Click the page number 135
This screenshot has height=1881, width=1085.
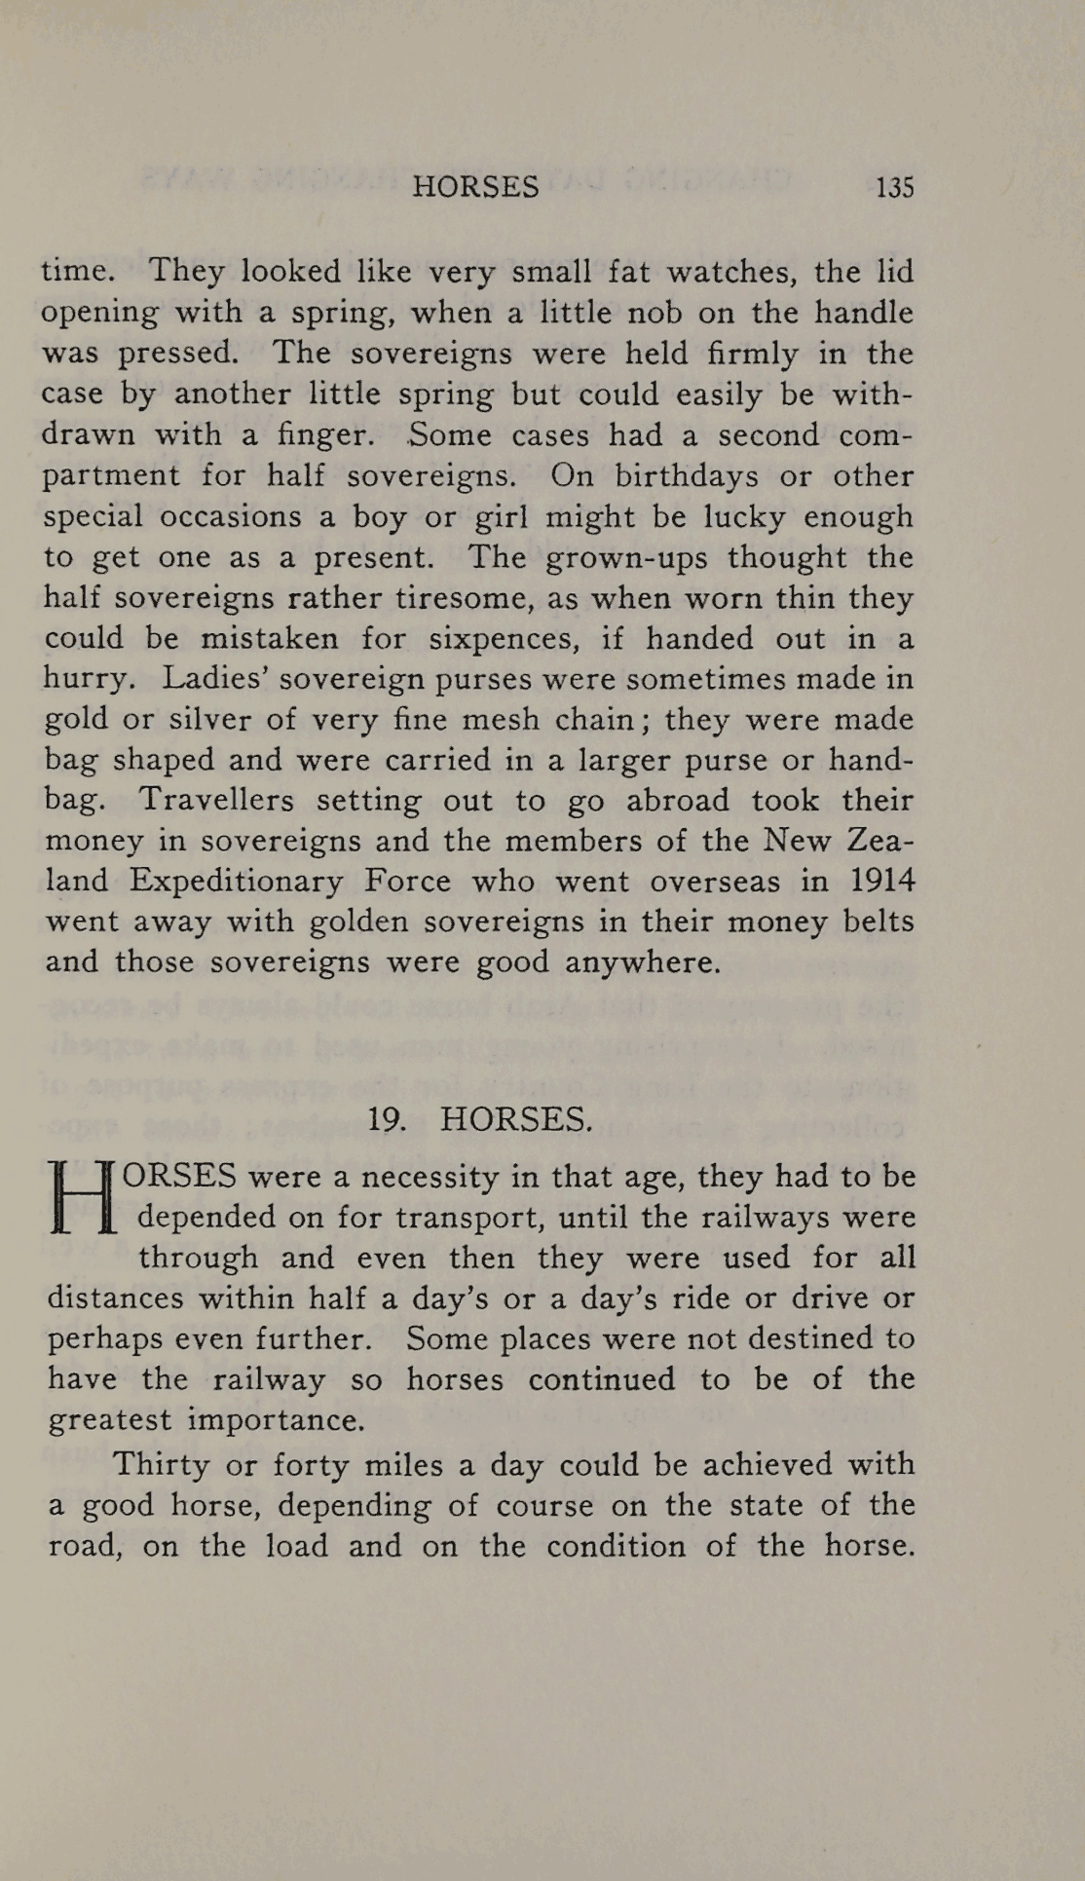point(894,187)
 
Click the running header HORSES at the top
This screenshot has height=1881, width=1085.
point(475,187)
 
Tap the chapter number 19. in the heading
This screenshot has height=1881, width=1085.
point(386,1119)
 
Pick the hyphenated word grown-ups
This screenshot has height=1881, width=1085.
point(627,557)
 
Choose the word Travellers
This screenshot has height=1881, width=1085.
point(216,801)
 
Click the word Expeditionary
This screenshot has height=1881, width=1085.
point(236,882)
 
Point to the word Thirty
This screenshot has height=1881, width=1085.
point(162,1464)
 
